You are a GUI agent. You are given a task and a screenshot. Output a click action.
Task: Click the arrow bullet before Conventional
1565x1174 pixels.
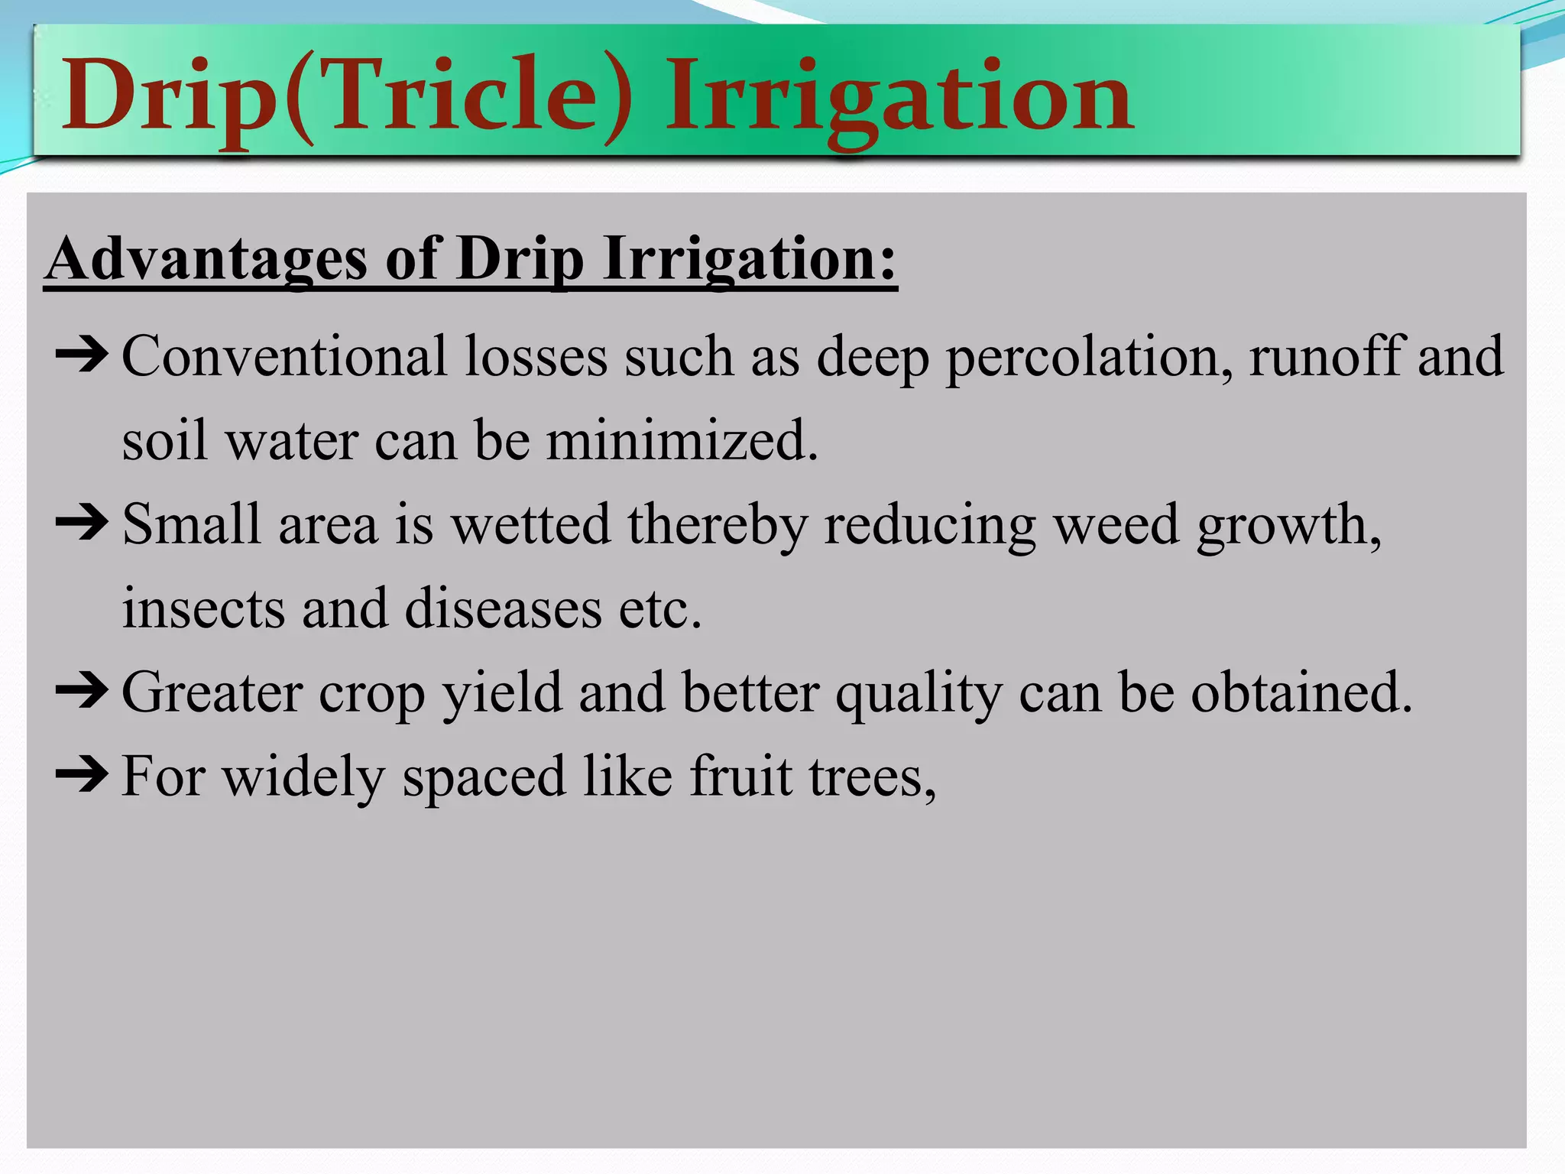pos(82,355)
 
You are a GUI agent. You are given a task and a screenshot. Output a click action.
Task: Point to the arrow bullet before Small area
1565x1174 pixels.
pos(82,524)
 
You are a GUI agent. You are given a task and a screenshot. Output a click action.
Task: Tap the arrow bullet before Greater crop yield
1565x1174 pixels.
pos(82,692)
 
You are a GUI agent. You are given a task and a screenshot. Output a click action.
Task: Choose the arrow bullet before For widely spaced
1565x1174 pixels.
pos(82,775)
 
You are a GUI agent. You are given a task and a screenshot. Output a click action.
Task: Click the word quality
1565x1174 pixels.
pos(918,694)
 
